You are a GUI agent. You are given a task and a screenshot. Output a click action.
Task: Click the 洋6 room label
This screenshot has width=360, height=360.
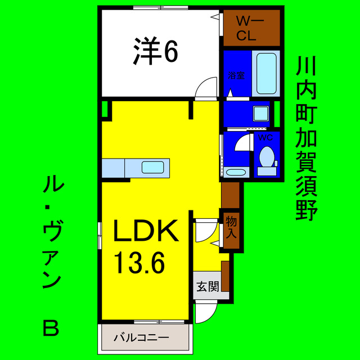coord(156,52)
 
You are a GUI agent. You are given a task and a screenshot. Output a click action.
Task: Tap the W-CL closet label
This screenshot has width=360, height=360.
coord(246,29)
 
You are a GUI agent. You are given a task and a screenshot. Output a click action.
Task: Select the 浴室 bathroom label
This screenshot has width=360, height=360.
coord(236,75)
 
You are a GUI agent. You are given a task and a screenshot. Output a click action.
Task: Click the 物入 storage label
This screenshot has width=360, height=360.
coord(231,226)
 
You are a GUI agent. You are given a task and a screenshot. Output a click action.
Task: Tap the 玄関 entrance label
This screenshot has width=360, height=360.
coord(207,286)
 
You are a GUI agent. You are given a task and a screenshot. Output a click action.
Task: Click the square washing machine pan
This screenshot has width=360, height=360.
coord(261,112)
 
